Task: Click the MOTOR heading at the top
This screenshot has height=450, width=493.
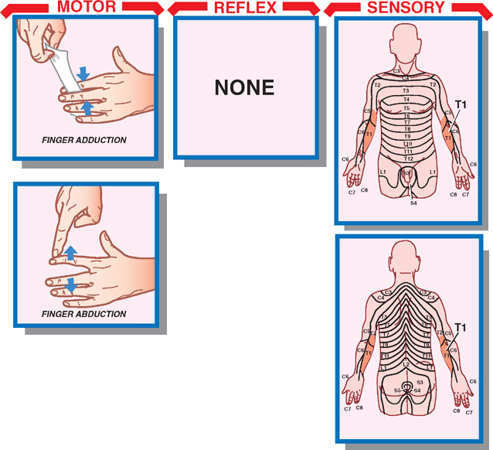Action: click(86, 8)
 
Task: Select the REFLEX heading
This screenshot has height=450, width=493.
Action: click(244, 8)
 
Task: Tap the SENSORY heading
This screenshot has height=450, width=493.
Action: click(406, 8)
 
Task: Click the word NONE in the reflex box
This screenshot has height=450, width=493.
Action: click(244, 87)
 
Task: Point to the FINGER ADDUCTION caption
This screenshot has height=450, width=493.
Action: click(84, 141)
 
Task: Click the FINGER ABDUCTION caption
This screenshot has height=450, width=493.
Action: click(84, 314)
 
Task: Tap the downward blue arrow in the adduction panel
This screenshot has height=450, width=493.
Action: click(83, 74)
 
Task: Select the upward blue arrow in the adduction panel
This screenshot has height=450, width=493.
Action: click(87, 108)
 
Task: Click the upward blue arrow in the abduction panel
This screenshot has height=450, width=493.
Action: click(70, 253)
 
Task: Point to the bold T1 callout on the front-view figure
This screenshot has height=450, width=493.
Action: click(461, 104)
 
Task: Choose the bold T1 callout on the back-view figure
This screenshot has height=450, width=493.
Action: click(461, 328)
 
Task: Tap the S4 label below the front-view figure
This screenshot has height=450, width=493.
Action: click(413, 203)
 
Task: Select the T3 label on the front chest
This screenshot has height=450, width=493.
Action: click(406, 91)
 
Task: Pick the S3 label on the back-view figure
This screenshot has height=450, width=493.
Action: click(420, 382)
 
